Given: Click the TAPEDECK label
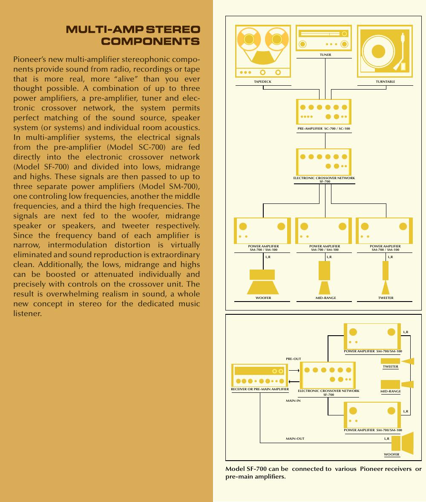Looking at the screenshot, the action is [x=262, y=81].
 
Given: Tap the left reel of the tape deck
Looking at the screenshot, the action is [x=248, y=39].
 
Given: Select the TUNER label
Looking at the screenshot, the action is [x=325, y=55].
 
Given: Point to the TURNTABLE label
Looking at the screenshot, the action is [x=385, y=81].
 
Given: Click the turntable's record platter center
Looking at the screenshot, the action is [x=378, y=51].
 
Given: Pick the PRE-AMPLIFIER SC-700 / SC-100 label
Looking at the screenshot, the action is [x=324, y=129].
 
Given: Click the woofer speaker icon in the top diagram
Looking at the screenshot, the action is [x=262, y=282].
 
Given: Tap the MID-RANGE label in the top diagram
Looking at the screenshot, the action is [x=325, y=298].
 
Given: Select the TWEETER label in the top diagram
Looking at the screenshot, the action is [x=386, y=298].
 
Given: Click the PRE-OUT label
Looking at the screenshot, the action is [x=293, y=359].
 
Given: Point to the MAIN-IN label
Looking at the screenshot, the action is [x=293, y=400].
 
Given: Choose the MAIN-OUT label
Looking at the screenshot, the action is [x=295, y=438].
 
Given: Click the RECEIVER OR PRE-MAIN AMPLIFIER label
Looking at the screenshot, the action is [x=260, y=389].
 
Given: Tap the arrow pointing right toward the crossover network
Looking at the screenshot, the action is [x=294, y=370].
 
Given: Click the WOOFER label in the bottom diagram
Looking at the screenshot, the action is [x=391, y=454].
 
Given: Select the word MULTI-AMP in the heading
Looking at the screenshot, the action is [x=104, y=29].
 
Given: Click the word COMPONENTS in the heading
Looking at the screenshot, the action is [x=150, y=41].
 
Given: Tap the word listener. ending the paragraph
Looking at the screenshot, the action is [x=28, y=313].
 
